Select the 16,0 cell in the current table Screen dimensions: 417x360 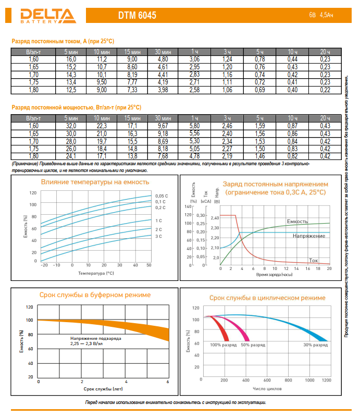tap(71, 60)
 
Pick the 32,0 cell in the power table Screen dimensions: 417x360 tap(71, 126)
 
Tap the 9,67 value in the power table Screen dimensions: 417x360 tap(163, 126)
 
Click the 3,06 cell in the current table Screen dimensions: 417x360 tap(194, 60)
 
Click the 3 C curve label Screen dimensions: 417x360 tap(158, 237)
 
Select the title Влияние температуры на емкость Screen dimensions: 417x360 tap(95, 182)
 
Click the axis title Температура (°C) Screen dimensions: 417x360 tap(96, 273)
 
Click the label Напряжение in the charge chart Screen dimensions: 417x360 tap(309, 236)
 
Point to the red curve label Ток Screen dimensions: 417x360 tap(313, 260)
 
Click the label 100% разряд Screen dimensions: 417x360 tap(224, 345)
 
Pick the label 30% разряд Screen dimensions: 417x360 tap(315, 345)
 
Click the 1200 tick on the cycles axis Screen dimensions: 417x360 tap(326, 381)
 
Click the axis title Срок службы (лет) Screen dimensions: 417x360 tap(103, 389)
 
